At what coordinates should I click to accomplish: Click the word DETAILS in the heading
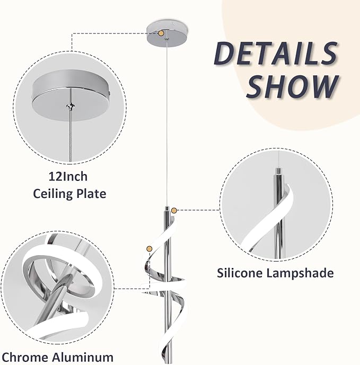pos(276,54)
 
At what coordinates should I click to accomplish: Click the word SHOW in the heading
pos(292,86)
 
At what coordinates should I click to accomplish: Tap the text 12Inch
pos(68,177)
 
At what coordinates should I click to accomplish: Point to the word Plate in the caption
pos(90,194)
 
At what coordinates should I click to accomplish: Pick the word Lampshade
pos(300,273)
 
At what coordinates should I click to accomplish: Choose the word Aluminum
pos(83,357)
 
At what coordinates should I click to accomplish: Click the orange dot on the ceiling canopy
pos(161,33)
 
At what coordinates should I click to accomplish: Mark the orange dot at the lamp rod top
pos(174,211)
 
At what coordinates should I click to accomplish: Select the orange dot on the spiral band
pos(149,249)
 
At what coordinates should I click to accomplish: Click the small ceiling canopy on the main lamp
pos(168,34)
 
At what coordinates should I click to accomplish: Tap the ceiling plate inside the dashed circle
pos(71,96)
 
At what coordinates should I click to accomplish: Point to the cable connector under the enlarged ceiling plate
pos(70,106)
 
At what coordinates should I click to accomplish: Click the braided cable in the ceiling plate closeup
pos(70,135)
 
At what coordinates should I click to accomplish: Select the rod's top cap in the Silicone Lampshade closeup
pos(277,171)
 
